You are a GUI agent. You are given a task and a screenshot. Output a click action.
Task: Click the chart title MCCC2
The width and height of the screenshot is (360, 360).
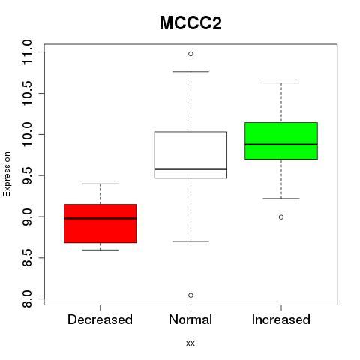(190, 23)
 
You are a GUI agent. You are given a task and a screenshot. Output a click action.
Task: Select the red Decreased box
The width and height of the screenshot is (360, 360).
(100, 223)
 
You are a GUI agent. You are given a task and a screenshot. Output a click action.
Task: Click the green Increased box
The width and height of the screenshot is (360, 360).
(281, 141)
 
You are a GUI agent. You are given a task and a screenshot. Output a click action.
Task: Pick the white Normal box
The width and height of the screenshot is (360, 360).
(190, 155)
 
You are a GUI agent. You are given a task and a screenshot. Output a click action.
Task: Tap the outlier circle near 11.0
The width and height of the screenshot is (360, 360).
(190, 54)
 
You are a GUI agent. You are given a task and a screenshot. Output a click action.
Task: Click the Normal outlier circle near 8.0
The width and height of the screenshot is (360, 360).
(190, 295)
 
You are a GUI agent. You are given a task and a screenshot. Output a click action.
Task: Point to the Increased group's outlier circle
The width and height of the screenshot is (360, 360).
(281, 217)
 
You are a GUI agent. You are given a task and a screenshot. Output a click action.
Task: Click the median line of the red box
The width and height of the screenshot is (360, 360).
(100, 218)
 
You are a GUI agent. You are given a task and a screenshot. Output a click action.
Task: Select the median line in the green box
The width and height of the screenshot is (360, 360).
(281, 145)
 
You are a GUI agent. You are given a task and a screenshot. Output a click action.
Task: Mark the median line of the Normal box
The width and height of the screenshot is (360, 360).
(190, 169)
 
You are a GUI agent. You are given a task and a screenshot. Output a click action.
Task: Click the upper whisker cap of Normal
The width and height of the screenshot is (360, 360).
(190, 72)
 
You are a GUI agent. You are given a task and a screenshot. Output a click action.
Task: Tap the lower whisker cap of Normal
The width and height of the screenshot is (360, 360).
(190, 241)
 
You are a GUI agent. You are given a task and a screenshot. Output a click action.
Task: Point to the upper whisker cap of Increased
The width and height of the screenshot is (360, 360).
(281, 82)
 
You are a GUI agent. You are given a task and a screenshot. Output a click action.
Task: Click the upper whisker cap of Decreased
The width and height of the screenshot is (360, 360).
(100, 184)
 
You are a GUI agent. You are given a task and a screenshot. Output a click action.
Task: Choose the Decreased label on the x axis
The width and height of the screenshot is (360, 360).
(100, 319)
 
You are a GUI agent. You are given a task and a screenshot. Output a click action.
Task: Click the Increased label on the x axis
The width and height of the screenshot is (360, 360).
(281, 319)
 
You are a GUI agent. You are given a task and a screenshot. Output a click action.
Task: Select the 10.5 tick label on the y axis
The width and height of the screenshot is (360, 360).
(26, 93)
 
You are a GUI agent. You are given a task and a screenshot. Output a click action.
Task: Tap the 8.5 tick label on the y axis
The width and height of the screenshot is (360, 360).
(26, 258)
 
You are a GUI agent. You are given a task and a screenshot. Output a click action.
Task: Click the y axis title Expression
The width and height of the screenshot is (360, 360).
(7, 174)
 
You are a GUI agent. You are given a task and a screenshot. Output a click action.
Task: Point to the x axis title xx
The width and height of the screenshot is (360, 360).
(190, 343)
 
